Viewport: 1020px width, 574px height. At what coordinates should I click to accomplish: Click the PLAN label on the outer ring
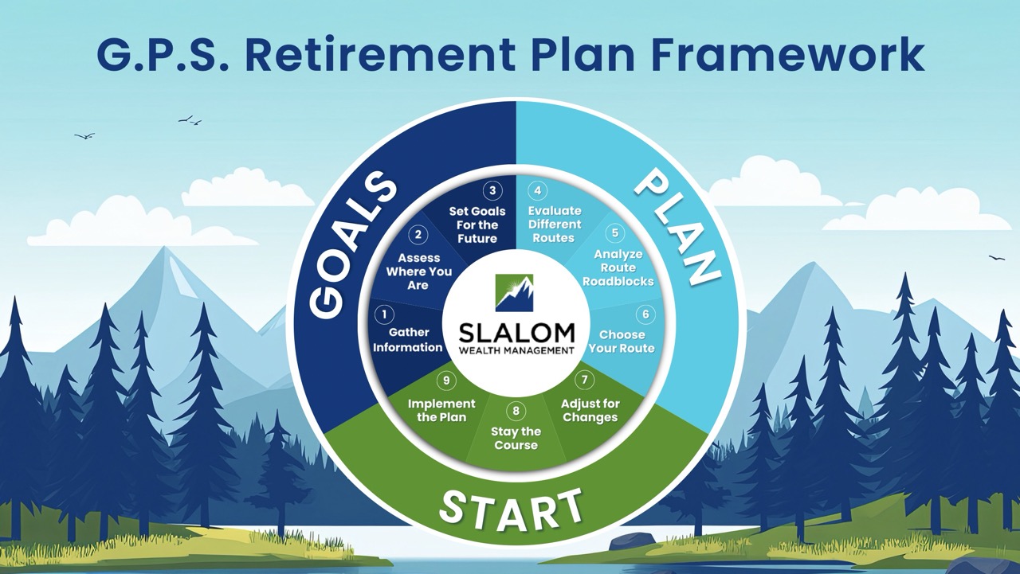tap(677, 230)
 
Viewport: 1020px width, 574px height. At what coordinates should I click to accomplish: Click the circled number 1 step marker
tap(385, 314)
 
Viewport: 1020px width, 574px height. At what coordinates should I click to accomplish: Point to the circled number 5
tap(614, 233)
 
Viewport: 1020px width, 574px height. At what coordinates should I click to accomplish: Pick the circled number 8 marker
tap(516, 411)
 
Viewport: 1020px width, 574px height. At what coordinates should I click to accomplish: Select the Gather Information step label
tap(408, 340)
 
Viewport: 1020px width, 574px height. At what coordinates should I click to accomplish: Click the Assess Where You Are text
tap(419, 271)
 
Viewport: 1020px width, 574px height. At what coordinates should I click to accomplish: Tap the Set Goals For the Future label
tap(477, 225)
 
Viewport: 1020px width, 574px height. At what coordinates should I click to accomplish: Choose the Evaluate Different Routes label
tap(555, 225)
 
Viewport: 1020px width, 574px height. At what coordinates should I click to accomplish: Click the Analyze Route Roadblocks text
tap(618, 268)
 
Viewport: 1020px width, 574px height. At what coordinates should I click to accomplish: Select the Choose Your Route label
tap(622, 342)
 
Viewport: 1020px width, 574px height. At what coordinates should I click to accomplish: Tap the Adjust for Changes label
tap(590, 410)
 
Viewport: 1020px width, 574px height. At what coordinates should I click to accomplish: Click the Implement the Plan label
tap(441, 410)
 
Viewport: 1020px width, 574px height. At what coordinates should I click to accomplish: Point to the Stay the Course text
tap(516, 438)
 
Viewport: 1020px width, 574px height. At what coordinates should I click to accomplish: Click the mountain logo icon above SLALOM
tap(514, 292)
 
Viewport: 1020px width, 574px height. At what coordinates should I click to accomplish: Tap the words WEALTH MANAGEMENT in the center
tap(516, 350)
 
